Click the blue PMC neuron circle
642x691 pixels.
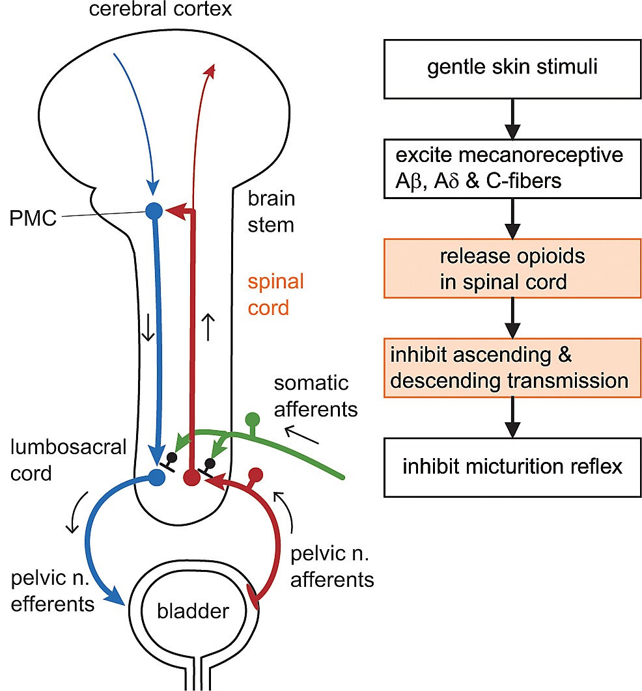[x=154, y=210]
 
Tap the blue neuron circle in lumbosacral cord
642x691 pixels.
[x=157, y=478]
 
